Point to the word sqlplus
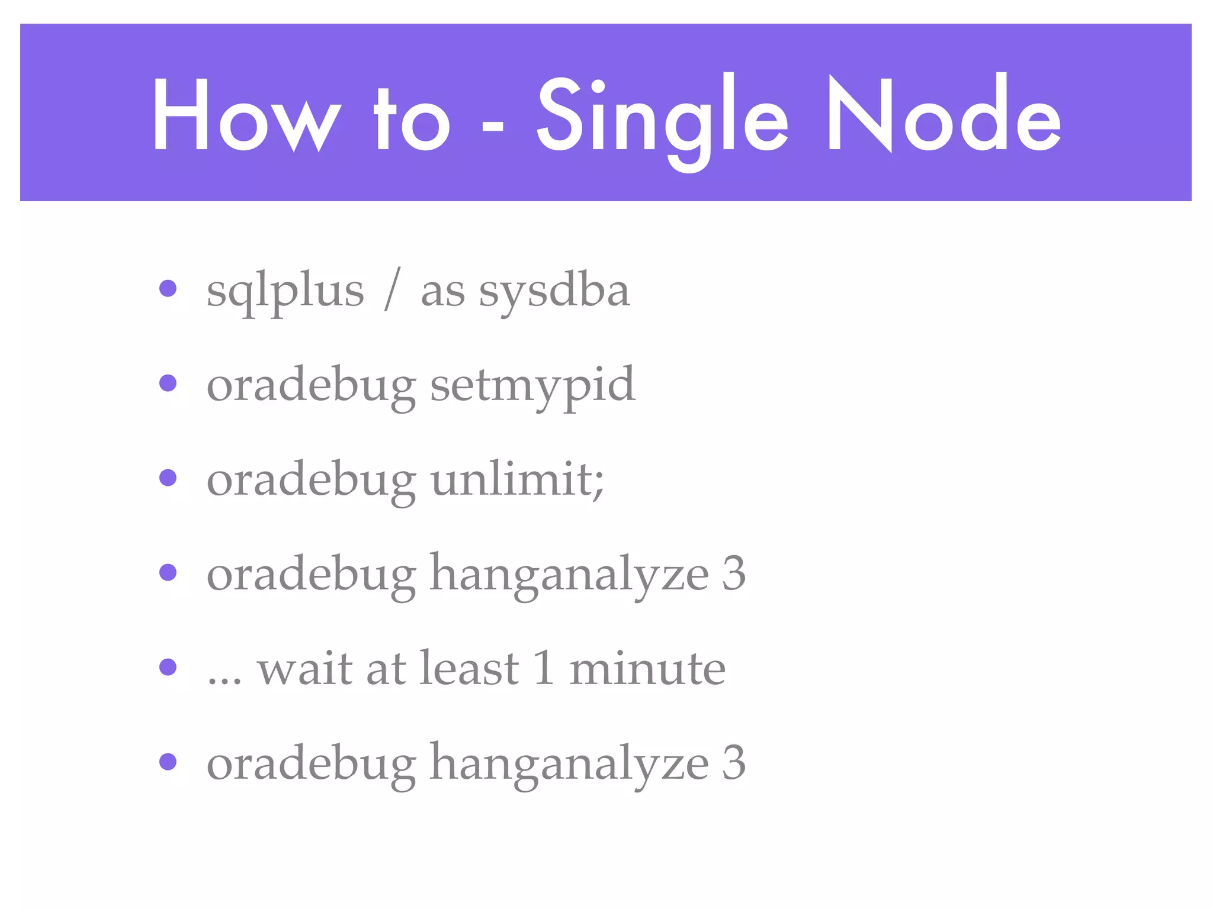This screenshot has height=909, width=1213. pos(285,292)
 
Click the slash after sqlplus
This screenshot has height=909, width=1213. pos(392,289)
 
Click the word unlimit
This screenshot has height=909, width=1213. pos(512,479)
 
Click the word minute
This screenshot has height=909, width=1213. pos(647,669)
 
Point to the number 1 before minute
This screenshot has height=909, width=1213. pos(544,668)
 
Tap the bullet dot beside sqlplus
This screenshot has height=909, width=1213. pos(168,289)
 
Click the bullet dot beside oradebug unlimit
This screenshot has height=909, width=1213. pos(168,478)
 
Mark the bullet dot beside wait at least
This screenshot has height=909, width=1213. pos(168,668)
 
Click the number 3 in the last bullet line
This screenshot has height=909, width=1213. pos(733,762)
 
